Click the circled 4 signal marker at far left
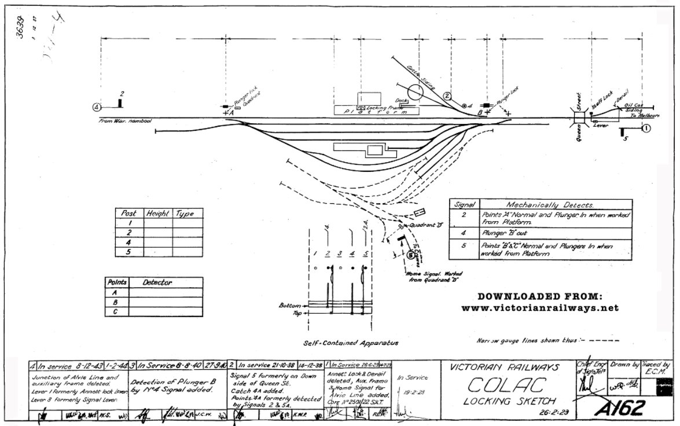97,106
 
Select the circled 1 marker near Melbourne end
646,128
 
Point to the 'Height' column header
158,213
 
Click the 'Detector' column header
157,282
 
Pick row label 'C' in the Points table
115,311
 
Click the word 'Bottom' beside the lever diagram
290,304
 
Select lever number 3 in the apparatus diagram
340,254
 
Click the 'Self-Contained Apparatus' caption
351,343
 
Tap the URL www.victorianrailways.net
540,308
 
